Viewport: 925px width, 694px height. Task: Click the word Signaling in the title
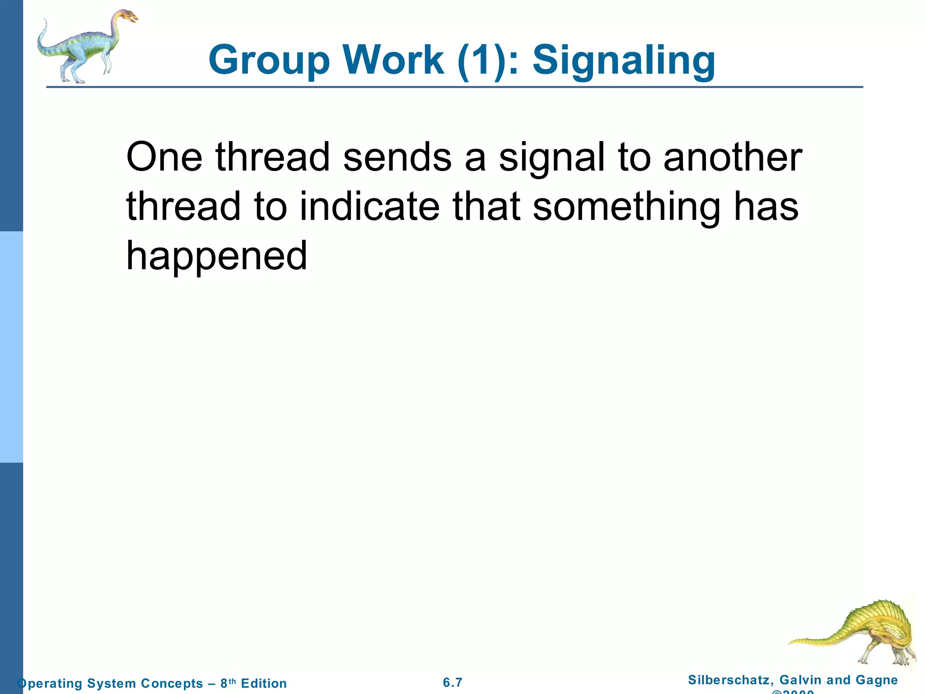click(x=624, y=61)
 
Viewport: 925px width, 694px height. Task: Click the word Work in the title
click(x=393, y=60)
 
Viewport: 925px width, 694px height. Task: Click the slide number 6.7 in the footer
click(x=453, y=682)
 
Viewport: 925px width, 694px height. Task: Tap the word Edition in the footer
click(x=264, y=683)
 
